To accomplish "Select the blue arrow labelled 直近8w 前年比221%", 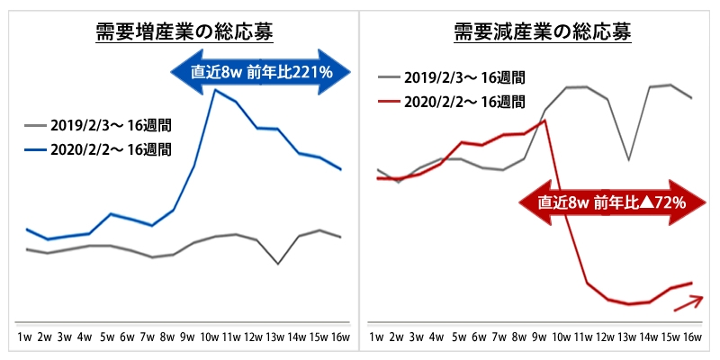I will (262, 71).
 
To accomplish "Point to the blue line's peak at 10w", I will (214, 90).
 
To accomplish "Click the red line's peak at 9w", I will (544, 120).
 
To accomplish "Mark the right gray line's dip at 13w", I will (628, 160).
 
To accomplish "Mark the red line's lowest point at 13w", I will (628, 304).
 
